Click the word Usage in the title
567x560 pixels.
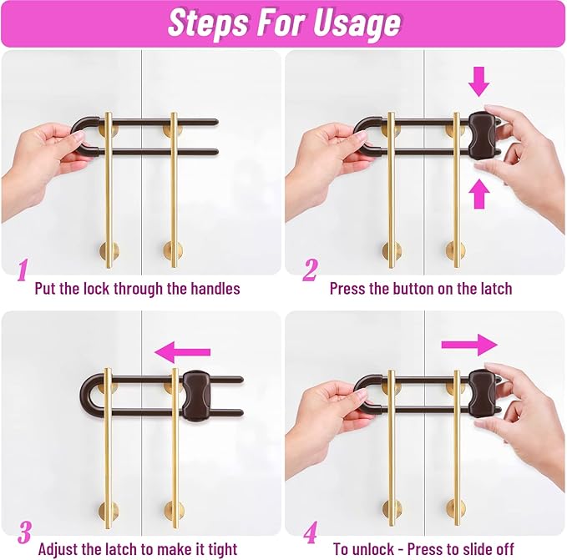[x=357, y=23]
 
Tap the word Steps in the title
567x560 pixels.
[x=208, y=23]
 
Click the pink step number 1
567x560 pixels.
[x=23, y=270]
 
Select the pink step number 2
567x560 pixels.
[x=310, y=270]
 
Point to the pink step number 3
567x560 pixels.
[x=24, y=532]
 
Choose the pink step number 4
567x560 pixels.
[x=311, y=532]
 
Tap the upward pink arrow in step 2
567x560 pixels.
[x=479, y=194]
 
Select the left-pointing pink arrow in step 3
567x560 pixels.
[x=182, y=352]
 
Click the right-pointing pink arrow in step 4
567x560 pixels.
[x=469, y=345]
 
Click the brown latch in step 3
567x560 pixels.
[x=196, y=396]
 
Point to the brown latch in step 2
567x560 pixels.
[x=483, y=132]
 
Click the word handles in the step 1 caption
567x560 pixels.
[x=215, y=289]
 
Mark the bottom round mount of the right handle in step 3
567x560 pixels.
[x=175, y=510]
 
